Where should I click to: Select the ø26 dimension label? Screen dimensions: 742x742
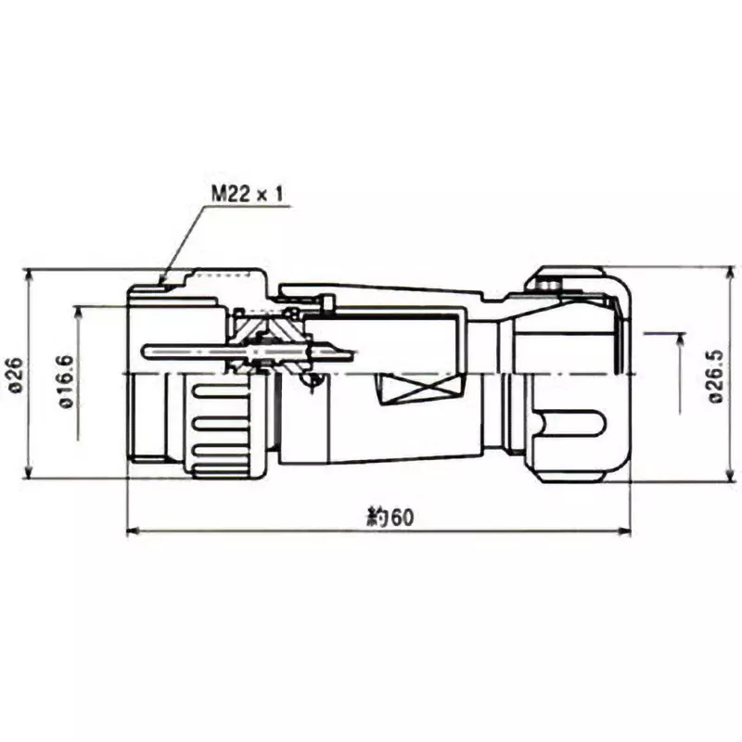tap(15, 375)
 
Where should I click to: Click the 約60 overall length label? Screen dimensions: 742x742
tap(390, 518)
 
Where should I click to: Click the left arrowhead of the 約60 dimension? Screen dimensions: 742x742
tap(130, 532)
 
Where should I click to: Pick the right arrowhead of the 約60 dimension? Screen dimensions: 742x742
tap(626, 532)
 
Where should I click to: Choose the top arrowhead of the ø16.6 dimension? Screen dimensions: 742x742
tap(81, 310)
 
